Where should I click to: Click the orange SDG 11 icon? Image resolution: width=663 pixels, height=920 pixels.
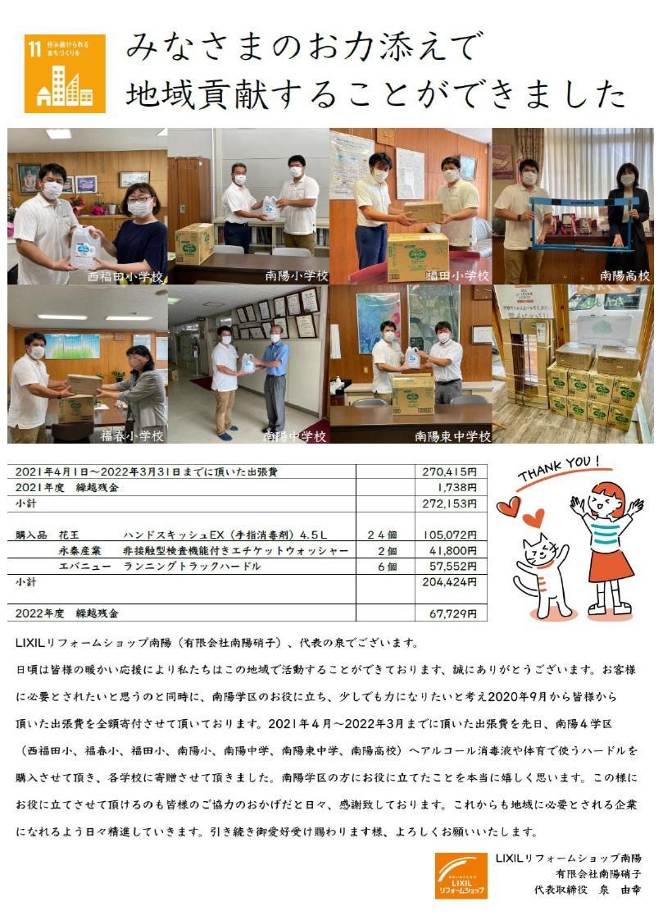click(x=65, y=73)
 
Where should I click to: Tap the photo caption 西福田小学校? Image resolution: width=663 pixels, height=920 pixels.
click(x=125, y=277)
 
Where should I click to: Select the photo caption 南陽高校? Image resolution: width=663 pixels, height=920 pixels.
click(x=625, y=276)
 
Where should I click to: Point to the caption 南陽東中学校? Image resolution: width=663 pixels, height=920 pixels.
click(x=452, y=436)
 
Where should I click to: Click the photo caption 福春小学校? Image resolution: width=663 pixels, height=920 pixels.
click(x=132, y=436)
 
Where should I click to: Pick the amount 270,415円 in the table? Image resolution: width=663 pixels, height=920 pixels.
click(x=450, y=471)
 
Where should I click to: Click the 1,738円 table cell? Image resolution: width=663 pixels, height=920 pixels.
click(x=457, y=488)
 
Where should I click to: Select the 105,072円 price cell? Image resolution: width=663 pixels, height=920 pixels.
click(x=450, y=535)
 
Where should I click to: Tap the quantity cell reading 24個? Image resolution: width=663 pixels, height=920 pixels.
click(x=382, y=535)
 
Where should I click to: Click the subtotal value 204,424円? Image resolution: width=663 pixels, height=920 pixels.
click(x=450, y=582)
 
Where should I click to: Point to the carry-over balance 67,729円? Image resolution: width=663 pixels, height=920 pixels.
click(x=452, y=613)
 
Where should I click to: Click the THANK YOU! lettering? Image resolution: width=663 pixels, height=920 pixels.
click(x=559, y=467)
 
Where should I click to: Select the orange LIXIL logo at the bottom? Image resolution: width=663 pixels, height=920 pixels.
click(x=461, y=876)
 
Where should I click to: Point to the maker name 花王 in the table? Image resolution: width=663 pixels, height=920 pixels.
click(x=69, y=535)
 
